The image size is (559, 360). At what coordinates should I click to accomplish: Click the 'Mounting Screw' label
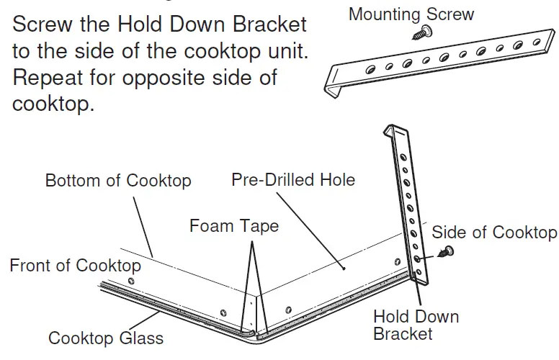click(x=411, y=14)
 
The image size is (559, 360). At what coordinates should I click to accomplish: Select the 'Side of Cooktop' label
click(x=493, y=232)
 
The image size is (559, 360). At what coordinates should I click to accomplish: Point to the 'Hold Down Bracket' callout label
click(x=416, y=325)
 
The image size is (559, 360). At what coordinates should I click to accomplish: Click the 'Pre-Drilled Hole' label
click(x=293, y=179)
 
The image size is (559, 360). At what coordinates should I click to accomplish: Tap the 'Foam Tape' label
click(x=233, y=226)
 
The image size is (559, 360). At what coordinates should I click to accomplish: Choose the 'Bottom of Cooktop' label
click(x=118, y=180)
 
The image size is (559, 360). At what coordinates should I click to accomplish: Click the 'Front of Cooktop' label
click(x=75, y=265)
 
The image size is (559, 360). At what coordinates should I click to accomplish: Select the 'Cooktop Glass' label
click(x=106, y=338)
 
